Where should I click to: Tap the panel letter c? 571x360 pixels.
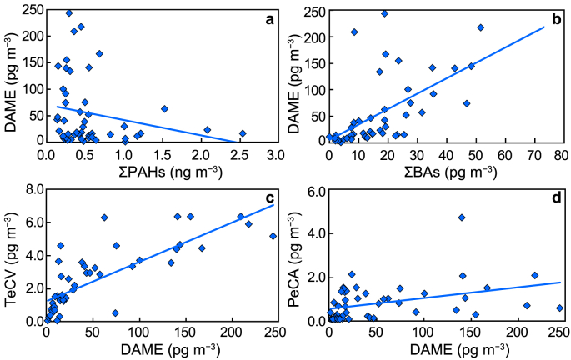(268, 198)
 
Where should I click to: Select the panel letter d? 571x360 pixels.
(552, 198)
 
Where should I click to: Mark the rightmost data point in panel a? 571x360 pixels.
(243, 133)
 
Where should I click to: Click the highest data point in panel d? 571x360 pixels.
(461, 217)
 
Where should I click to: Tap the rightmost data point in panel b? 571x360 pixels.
(480, 27)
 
